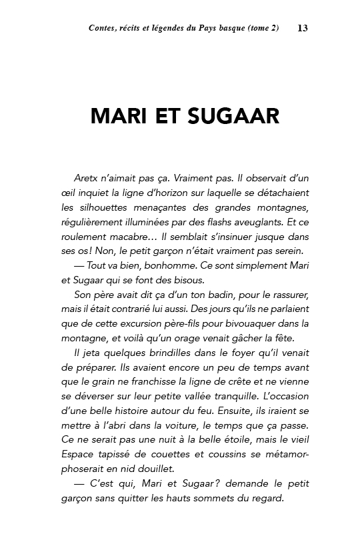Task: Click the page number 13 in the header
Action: pos(303,28)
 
